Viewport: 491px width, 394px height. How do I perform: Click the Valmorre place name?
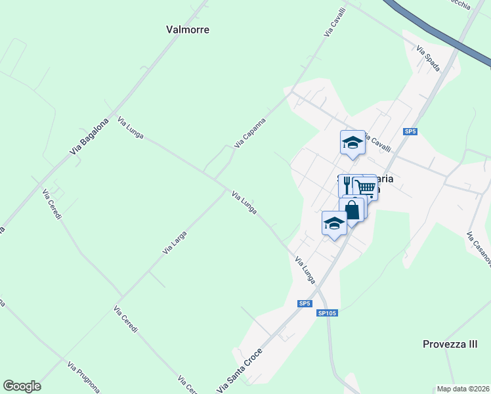[x=182, y=30]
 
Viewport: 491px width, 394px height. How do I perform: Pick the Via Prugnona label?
[x=83, y=376]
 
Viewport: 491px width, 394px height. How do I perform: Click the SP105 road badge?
[x=327, y=313]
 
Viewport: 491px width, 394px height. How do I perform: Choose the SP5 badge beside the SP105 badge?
[x=304, y=303]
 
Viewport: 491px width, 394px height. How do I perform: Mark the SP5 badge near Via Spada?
[x=411, y=132]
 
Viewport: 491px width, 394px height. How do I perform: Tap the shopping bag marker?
[x=352, y=210]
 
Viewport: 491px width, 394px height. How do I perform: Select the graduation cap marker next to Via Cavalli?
[x=352, y=142]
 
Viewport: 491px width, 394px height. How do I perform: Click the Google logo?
[x=22, y=386]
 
